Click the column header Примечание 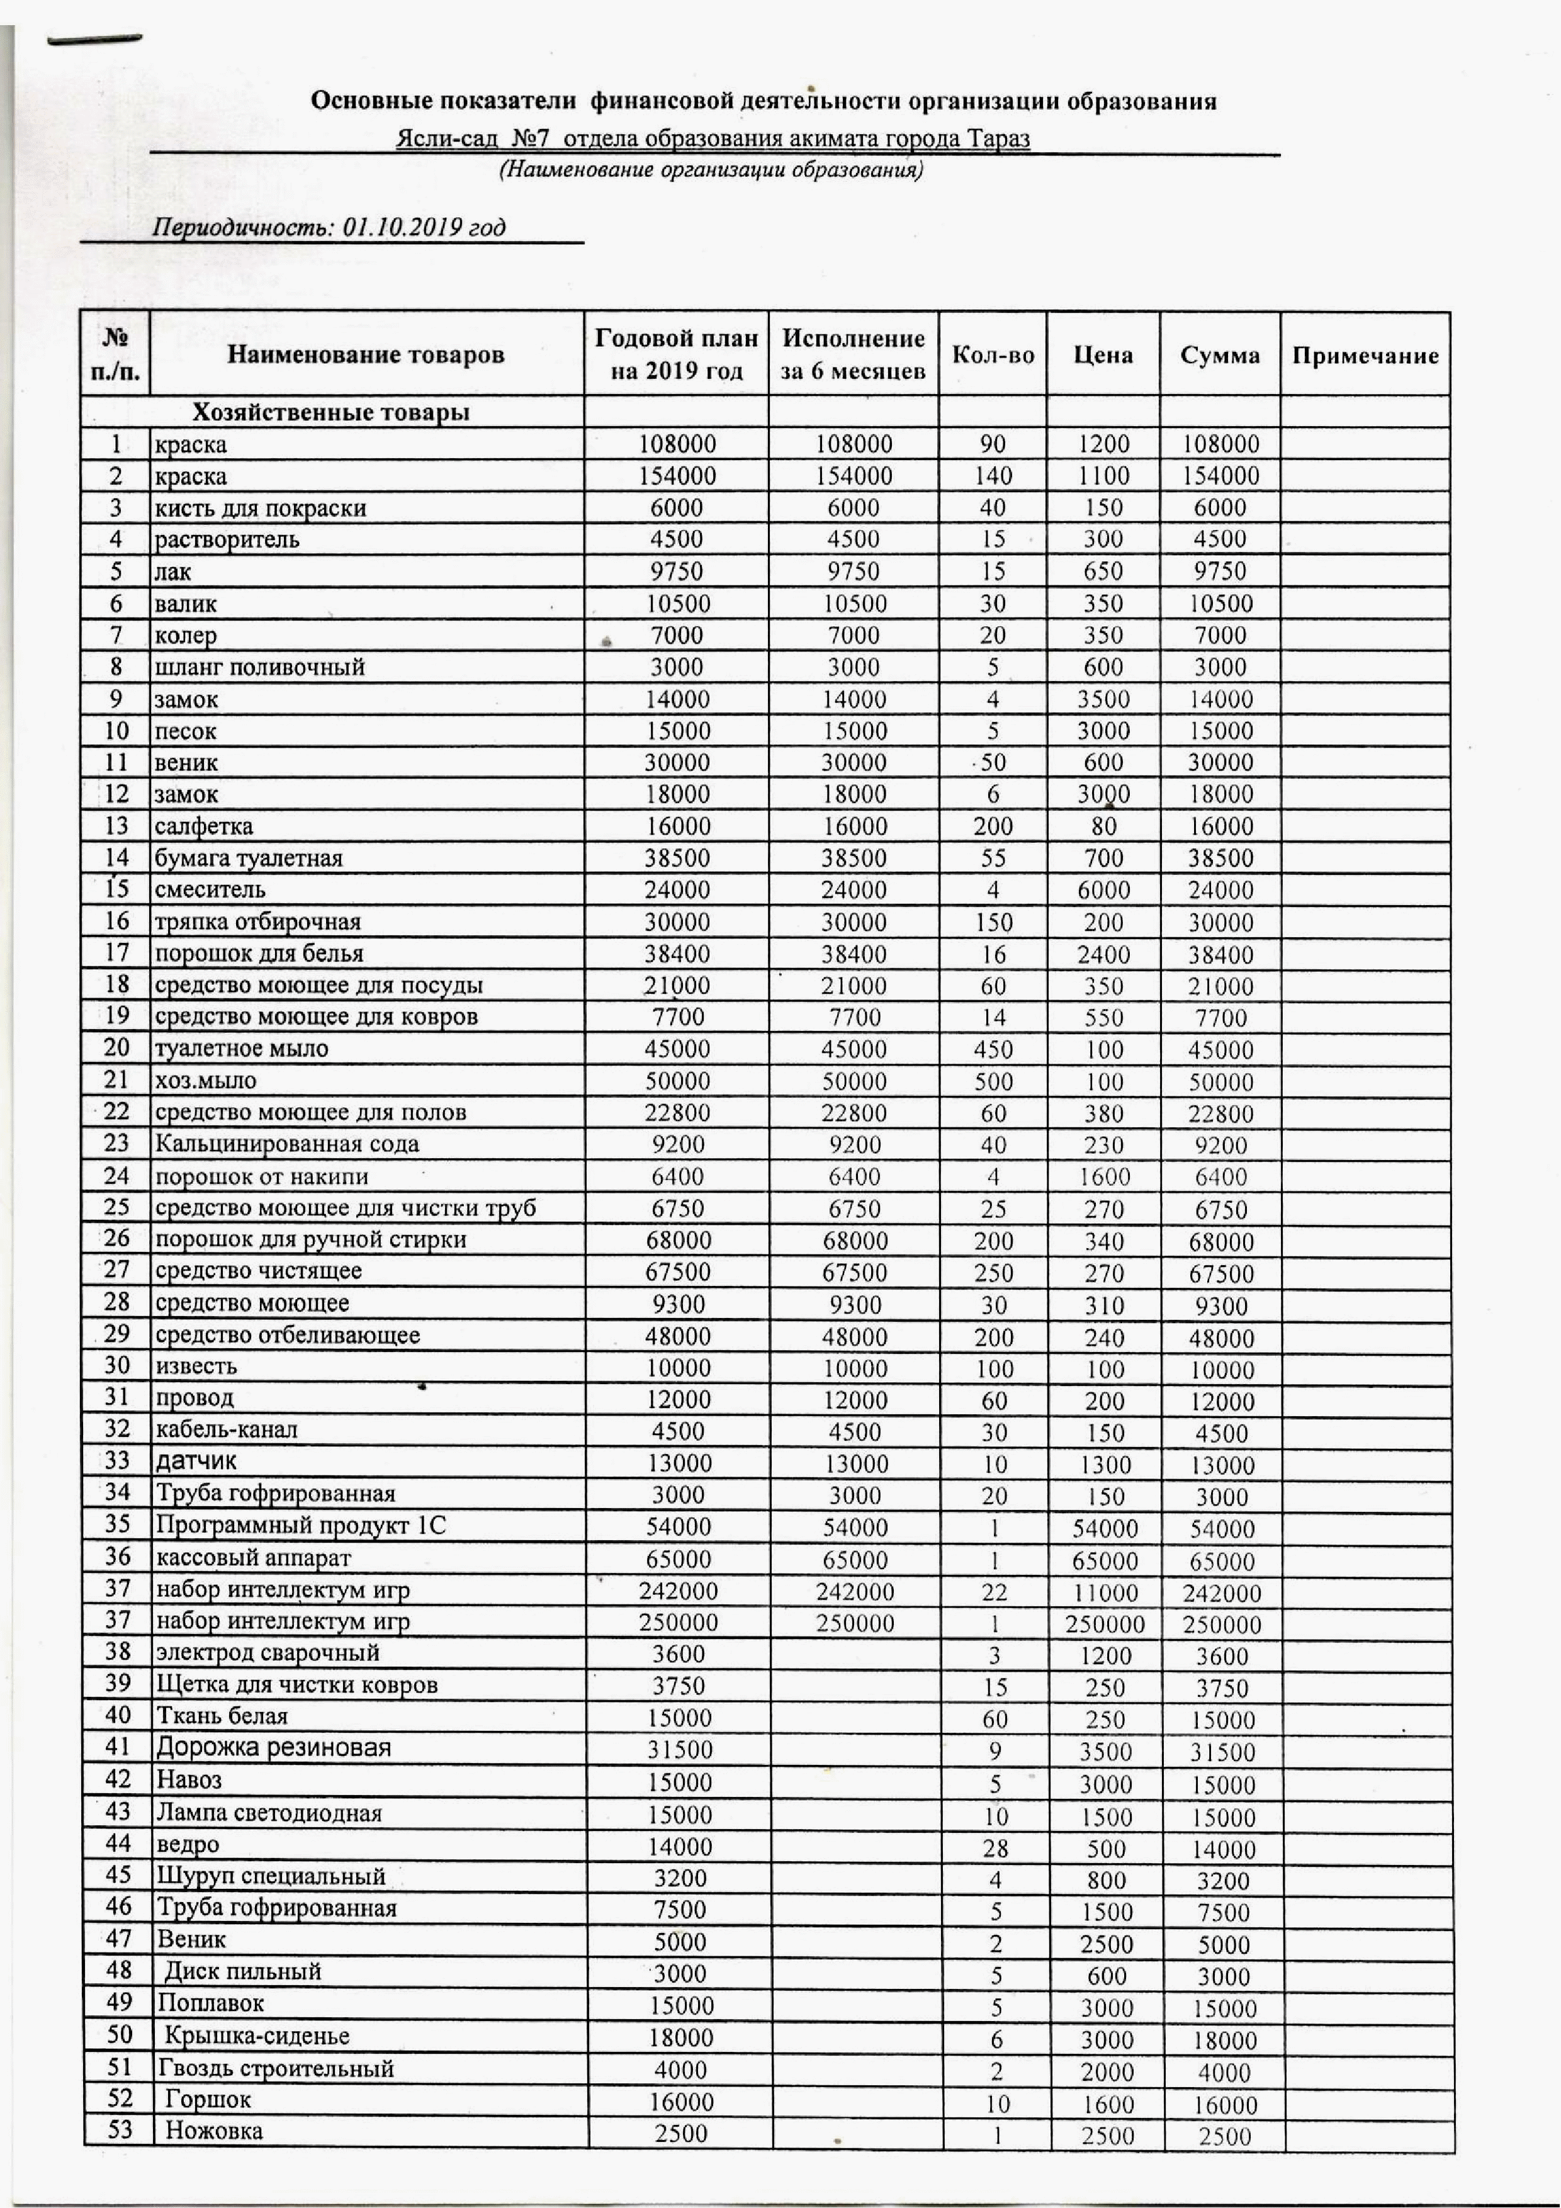tap(1365, 356)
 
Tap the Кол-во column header tap(993, 355)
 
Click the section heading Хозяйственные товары tap(331, 412)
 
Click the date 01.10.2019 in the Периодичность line tap(403, 227)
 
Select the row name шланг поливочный tap(260, 667)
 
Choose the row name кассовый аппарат tap(254, 1558)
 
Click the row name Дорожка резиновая tap(274, 1747)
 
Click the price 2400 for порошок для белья tap(1103, 955)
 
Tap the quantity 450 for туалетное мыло tap(993, 1049)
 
